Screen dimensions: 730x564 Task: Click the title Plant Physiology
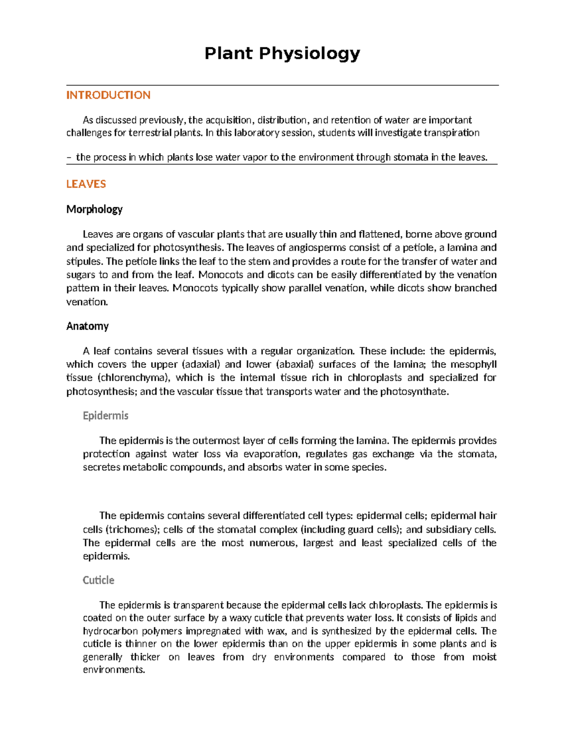(282, 54)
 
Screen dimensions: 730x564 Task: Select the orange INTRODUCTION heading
(108, 95)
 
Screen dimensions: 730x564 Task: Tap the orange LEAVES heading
(86, 184)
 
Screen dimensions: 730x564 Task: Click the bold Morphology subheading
(94, 209)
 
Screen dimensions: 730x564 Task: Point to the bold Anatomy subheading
(87, 326)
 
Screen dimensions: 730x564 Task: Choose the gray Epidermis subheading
(105, 416)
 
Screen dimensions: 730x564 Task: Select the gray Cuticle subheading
(98, 580)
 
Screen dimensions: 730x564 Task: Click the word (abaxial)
(295, 364)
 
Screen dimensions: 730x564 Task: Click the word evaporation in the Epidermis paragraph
(272, 454)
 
